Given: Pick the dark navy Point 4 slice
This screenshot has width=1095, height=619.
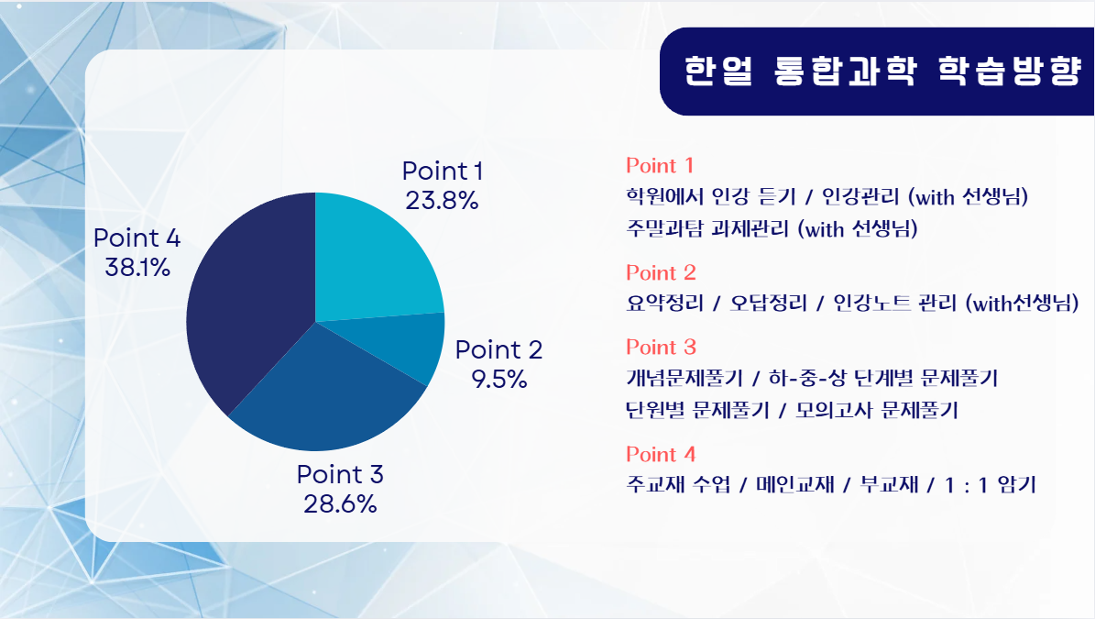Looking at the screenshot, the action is pyautogui.click(x=248, y=307).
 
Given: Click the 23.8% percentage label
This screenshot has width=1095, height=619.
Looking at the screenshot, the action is pyautogui.click(x=442, y=201).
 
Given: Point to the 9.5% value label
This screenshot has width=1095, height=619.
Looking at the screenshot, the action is pyautogui.click(x=499, y=380).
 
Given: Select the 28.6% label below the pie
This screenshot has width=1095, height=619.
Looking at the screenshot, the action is pyautogui.click(x=340, y=503).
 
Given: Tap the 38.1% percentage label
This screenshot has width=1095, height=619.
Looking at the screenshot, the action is pyautogui.click(x=137, y=268).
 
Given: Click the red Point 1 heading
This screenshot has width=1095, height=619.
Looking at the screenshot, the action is pyautogui.click(x=660, y=166).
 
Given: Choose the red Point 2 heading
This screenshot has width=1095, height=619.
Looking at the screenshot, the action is pyautogui.click(x=661, y=272).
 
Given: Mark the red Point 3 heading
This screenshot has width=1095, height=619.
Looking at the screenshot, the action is pyautogui.click(x=661, y=348).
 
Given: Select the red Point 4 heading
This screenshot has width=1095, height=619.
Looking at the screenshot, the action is pyautogui.click(x=661, y=454).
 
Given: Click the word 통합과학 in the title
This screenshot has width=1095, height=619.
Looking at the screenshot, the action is pyautogui.click(x=845, y=71).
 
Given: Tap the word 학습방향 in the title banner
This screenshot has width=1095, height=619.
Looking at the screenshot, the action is pyautogui.click(x=1009, y=71).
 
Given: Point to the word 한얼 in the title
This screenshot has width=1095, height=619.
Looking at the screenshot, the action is pyautogui.click(x=717, y=71).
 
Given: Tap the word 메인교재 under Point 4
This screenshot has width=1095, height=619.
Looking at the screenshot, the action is pyautogui.click(x=795, y=485).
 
